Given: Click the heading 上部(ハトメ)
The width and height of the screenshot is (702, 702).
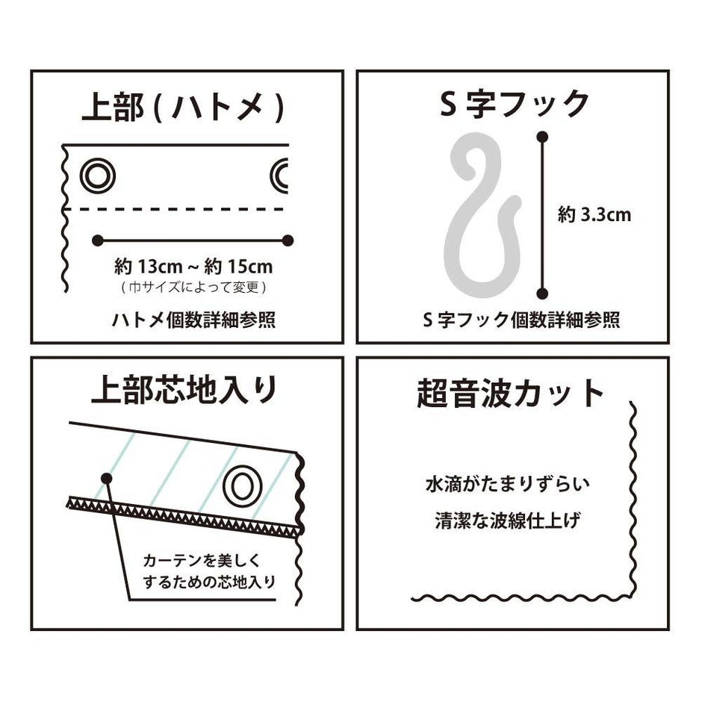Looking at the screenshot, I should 183,108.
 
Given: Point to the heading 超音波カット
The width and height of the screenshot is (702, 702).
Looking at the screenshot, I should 510,393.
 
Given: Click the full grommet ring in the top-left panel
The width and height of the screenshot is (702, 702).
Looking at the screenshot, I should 98,177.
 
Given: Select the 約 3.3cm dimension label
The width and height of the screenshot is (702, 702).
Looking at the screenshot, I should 594,216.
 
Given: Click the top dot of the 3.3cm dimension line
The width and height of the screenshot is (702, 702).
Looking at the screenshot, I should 543,137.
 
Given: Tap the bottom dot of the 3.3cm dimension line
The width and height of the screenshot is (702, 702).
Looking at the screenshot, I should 543,293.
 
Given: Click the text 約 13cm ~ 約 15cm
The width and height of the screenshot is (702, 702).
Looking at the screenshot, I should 193,266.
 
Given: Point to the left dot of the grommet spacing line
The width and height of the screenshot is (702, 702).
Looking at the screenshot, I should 97,240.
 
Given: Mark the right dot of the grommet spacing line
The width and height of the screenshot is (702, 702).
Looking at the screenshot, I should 288,240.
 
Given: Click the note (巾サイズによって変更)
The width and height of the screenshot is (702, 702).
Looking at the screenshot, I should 193,287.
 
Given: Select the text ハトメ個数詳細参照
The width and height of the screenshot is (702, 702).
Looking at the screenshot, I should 193,320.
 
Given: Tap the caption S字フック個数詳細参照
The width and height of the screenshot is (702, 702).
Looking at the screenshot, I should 521,320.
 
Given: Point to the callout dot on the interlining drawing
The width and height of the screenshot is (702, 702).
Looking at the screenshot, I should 107,477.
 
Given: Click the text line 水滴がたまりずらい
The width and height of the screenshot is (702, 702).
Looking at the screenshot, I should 509,484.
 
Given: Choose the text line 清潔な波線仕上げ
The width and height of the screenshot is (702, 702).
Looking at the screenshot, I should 509,521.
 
